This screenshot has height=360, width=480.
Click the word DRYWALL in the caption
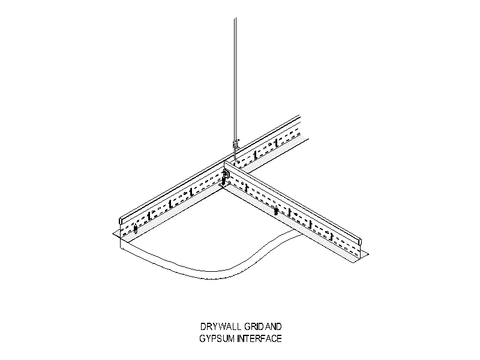[x=221, y=326]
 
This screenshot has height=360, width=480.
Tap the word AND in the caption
[x=273, y=326]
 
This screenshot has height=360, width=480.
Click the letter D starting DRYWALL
[x=203, y=326]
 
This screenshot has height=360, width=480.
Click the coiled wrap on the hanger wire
[x=235, y=143]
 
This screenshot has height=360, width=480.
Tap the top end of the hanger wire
[x=235, y=19]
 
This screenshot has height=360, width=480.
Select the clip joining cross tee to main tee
[x=227, y=175]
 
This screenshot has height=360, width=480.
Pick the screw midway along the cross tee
[x=276, y=211]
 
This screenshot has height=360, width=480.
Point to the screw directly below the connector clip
[x=224, y=182]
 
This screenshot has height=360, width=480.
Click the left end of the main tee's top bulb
[x=121, y=220]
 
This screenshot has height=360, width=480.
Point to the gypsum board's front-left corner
[x=119, y=245]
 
